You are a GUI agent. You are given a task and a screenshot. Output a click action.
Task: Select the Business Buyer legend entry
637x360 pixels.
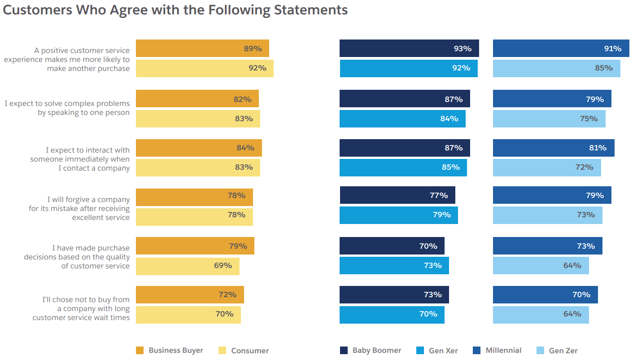[170, 351]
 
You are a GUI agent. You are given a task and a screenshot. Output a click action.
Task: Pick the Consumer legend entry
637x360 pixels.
[244, 351]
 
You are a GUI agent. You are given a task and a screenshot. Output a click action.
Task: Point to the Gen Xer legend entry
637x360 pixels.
[437, 351]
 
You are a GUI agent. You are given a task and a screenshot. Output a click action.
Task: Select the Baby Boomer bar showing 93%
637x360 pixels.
[409, 48]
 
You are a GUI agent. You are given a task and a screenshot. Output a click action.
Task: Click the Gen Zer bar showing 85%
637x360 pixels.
[556, 68]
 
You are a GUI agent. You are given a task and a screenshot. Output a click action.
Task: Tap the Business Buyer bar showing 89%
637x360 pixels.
[202, 48]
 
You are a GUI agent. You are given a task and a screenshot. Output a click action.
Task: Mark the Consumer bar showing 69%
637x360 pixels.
[188, 266]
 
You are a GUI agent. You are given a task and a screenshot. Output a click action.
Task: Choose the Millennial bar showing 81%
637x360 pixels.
[553, 148]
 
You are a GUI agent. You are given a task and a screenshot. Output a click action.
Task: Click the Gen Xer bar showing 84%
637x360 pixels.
[402, 119]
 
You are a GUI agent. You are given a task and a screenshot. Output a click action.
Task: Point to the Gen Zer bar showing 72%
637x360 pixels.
[546, 167]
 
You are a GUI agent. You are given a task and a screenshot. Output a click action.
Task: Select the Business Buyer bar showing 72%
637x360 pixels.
[189, 295]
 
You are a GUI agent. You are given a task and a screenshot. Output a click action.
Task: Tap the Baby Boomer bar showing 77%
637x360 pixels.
[397, 196]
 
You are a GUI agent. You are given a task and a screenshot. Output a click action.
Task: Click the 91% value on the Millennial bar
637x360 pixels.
[612, 48]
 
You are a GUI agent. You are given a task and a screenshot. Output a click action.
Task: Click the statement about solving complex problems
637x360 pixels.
[67, 108]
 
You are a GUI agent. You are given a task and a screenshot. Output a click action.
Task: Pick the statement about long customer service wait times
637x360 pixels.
[81, 308]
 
